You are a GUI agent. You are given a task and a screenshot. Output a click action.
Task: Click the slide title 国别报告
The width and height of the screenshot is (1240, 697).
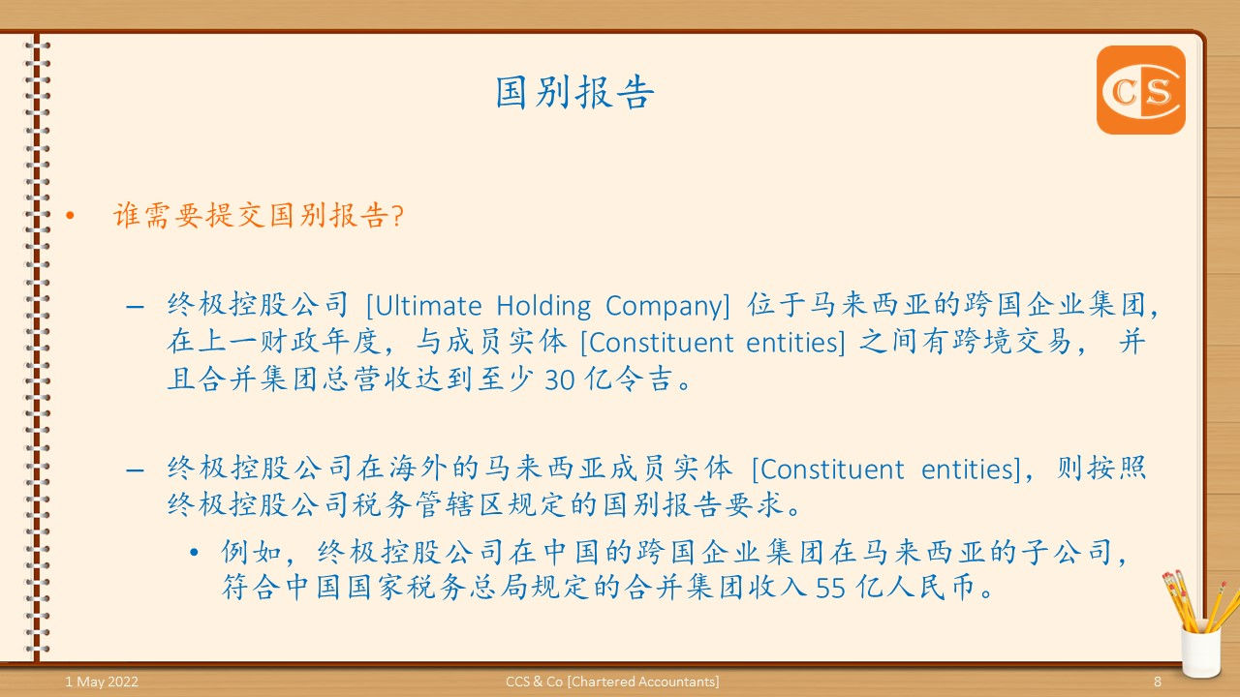coord(575,93)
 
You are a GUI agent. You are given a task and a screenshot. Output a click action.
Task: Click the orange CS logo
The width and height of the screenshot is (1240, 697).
coord(1140,90)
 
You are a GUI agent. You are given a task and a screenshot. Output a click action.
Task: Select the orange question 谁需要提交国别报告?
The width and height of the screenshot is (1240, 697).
coord(259,215)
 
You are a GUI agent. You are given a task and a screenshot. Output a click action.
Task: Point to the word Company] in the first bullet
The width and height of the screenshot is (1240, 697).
coord(667,306)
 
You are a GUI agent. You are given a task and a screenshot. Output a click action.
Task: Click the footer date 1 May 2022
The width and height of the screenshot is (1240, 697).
coord(102,682)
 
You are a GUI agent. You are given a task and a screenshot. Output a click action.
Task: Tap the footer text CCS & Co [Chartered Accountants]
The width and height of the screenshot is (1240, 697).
coord(612,682)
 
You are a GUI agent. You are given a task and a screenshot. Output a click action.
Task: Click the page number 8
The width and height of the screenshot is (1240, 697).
coord(1158,682)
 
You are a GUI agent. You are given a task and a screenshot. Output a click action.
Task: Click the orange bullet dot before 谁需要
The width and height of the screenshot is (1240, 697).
coord(69,215)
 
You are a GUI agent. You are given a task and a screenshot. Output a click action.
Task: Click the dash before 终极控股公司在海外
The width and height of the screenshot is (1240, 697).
coord(136,470)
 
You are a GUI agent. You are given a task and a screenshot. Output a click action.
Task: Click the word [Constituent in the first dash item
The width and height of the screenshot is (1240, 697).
coord(643,344)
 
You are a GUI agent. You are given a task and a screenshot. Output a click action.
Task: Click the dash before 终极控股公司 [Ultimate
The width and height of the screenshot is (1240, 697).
coord(136,307)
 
